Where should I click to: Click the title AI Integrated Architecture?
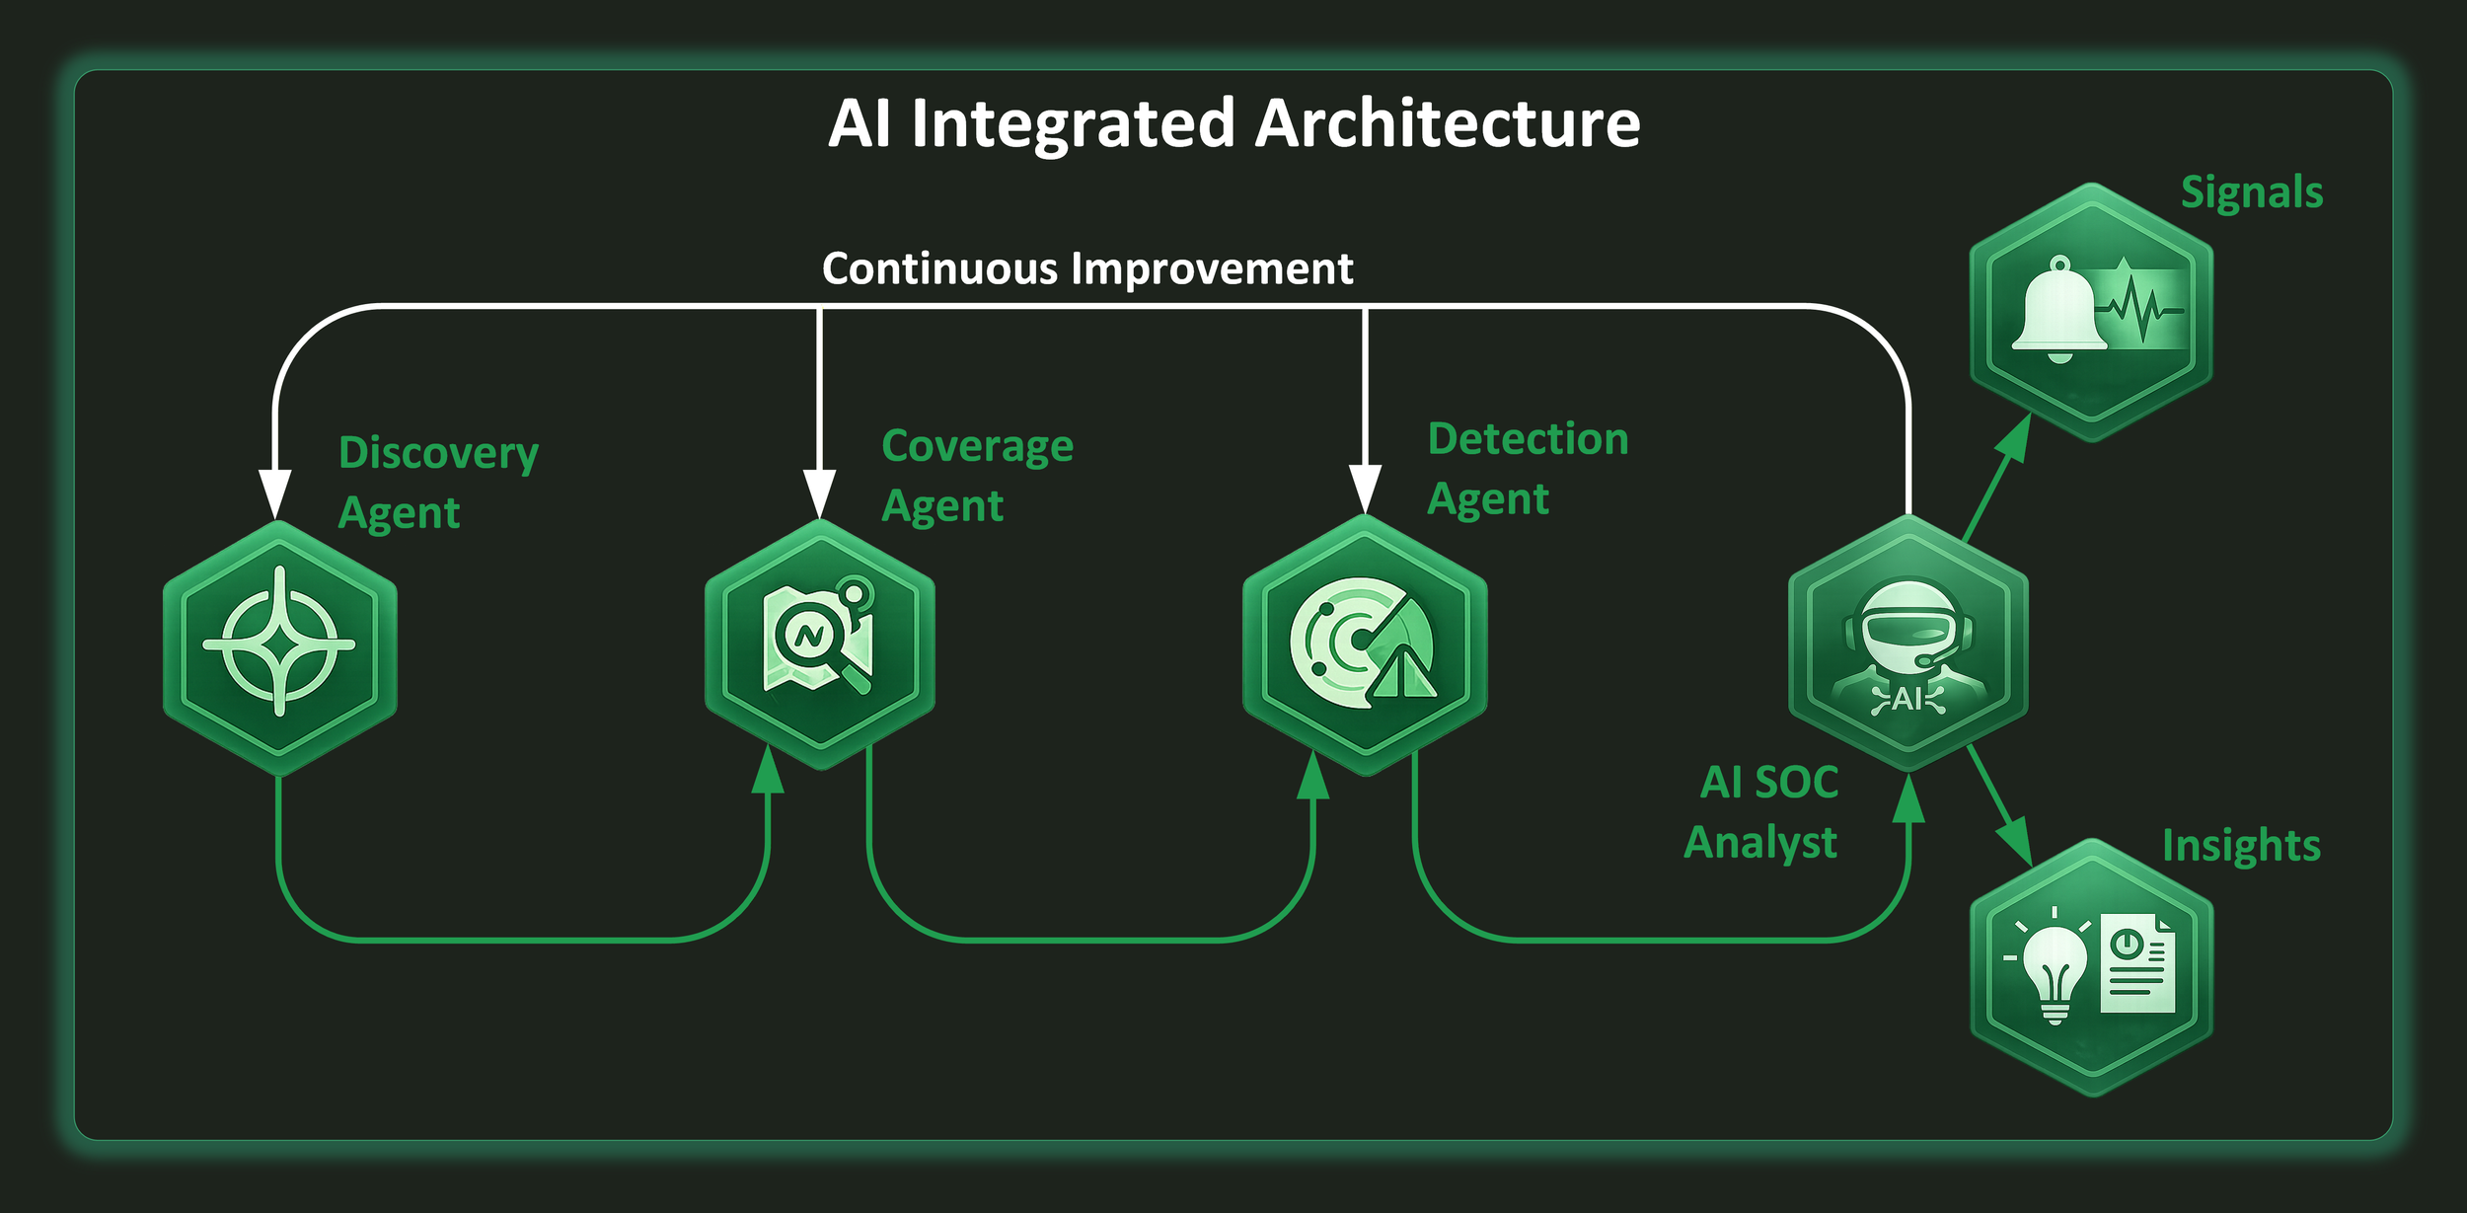[x=1233, y=124]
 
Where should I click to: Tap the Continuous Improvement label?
[x=1087, y=268]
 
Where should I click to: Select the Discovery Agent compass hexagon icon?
[x=280, y=646]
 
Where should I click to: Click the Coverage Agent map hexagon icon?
[x=820, y=643]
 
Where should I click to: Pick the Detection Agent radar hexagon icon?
[x=1365, y=644]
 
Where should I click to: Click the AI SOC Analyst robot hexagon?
[x=1907, y=643]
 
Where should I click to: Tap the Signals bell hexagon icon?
[x=2091, y=312]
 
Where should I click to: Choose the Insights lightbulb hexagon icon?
[x=2091, y=966]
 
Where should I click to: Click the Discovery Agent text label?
[x=438, y=482]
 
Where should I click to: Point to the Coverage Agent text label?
[x=977, y=475]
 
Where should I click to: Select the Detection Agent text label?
[x=1527, y=468]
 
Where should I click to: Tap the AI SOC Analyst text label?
[x=1761, y=811]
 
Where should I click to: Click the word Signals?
[x=2252, y=192]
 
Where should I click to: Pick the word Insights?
[x=2241, y=846]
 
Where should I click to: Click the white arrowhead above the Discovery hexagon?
[x=274, y=493]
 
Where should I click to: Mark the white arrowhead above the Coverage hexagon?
[x=819, y=493]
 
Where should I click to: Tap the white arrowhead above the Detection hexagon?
[x=1365, y=489]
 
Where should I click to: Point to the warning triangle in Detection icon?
[x=1405, y=675]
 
